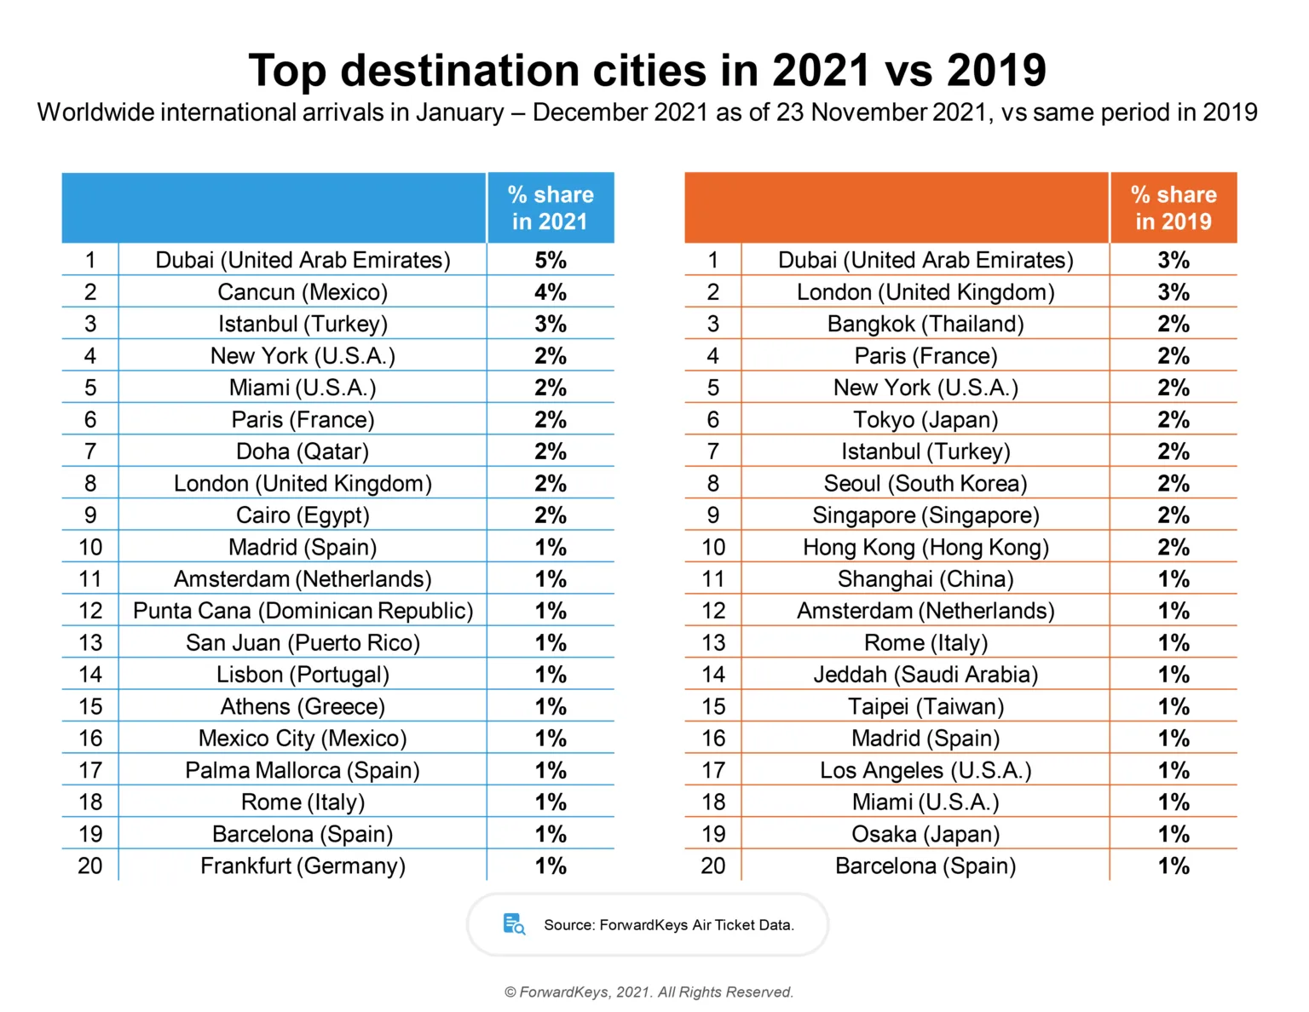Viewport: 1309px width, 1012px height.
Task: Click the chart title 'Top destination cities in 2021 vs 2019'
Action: (647, 71)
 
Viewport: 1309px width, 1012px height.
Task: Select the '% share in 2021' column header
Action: (551, 208)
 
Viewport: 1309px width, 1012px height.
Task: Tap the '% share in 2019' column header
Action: (1173, 208)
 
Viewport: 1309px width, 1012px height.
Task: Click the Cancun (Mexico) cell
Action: (303, 292)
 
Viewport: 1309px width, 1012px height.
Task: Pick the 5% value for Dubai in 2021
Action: (551, 260)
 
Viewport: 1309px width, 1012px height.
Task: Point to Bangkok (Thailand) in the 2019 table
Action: (926, 324)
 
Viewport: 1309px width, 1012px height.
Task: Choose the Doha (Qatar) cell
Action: (303, 451)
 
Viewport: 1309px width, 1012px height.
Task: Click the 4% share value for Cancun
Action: (551, 292)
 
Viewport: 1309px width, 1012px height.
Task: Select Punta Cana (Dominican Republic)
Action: (303, 611)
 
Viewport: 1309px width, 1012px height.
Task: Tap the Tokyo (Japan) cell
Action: (926, 420)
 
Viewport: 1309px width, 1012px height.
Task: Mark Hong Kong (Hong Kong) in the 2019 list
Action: (926, 547)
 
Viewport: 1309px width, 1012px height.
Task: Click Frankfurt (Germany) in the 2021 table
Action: (303, 865)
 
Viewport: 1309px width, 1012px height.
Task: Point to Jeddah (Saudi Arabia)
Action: (926, 675)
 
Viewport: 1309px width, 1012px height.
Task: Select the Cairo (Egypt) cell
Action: (303, 515)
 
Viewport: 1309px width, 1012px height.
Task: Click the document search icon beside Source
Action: (514, 924)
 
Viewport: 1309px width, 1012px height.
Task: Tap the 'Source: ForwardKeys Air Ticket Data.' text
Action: (669, 925)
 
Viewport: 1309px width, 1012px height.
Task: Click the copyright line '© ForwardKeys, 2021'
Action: (649, 992)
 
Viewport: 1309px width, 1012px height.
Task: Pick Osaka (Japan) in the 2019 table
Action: (926, 834)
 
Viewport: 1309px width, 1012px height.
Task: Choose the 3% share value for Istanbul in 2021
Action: (551, 324)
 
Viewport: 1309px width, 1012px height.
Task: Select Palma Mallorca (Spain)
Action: (303, 770)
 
